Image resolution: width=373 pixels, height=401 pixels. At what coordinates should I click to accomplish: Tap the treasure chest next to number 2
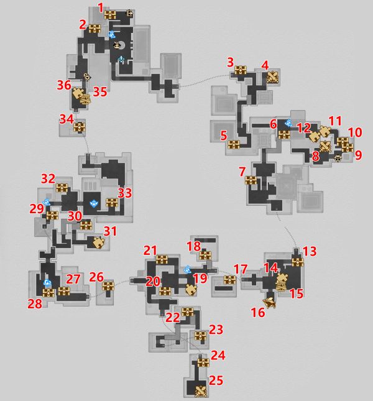(94, 28)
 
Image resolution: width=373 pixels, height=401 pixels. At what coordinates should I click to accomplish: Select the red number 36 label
(63, 85)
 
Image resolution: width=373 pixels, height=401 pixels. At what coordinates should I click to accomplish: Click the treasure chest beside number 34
(79, 127)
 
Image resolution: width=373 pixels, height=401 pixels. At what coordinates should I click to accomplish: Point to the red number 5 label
(223, 134)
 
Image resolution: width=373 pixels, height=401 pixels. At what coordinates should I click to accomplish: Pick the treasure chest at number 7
(251, 180)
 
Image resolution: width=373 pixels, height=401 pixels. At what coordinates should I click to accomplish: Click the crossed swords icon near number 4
(272, 77)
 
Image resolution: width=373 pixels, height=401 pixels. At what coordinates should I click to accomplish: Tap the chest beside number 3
(241, 71)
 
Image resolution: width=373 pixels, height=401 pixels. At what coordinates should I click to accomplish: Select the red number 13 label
(309, 251)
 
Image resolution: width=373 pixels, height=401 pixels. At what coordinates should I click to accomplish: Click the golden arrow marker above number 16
(270, 302)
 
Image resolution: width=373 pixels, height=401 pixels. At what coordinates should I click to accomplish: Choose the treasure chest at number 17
(230, 280)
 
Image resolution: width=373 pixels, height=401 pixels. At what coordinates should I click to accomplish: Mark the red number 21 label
(150, 250)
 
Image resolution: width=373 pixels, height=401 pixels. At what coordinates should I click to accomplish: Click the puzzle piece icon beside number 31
(98, 242)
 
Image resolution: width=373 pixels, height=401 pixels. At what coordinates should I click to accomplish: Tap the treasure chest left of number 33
(112, 202)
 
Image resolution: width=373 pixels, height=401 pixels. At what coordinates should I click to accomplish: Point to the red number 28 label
(34, 303)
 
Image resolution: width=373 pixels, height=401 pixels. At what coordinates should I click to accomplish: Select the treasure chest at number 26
(108, 285)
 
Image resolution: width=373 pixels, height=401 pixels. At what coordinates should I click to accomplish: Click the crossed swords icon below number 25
(200, 392)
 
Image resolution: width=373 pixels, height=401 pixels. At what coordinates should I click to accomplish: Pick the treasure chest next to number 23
(200, 336)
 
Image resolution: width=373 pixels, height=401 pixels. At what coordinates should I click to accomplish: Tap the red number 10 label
(354, 132)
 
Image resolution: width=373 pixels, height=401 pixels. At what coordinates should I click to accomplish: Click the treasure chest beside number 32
(62, 187)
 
